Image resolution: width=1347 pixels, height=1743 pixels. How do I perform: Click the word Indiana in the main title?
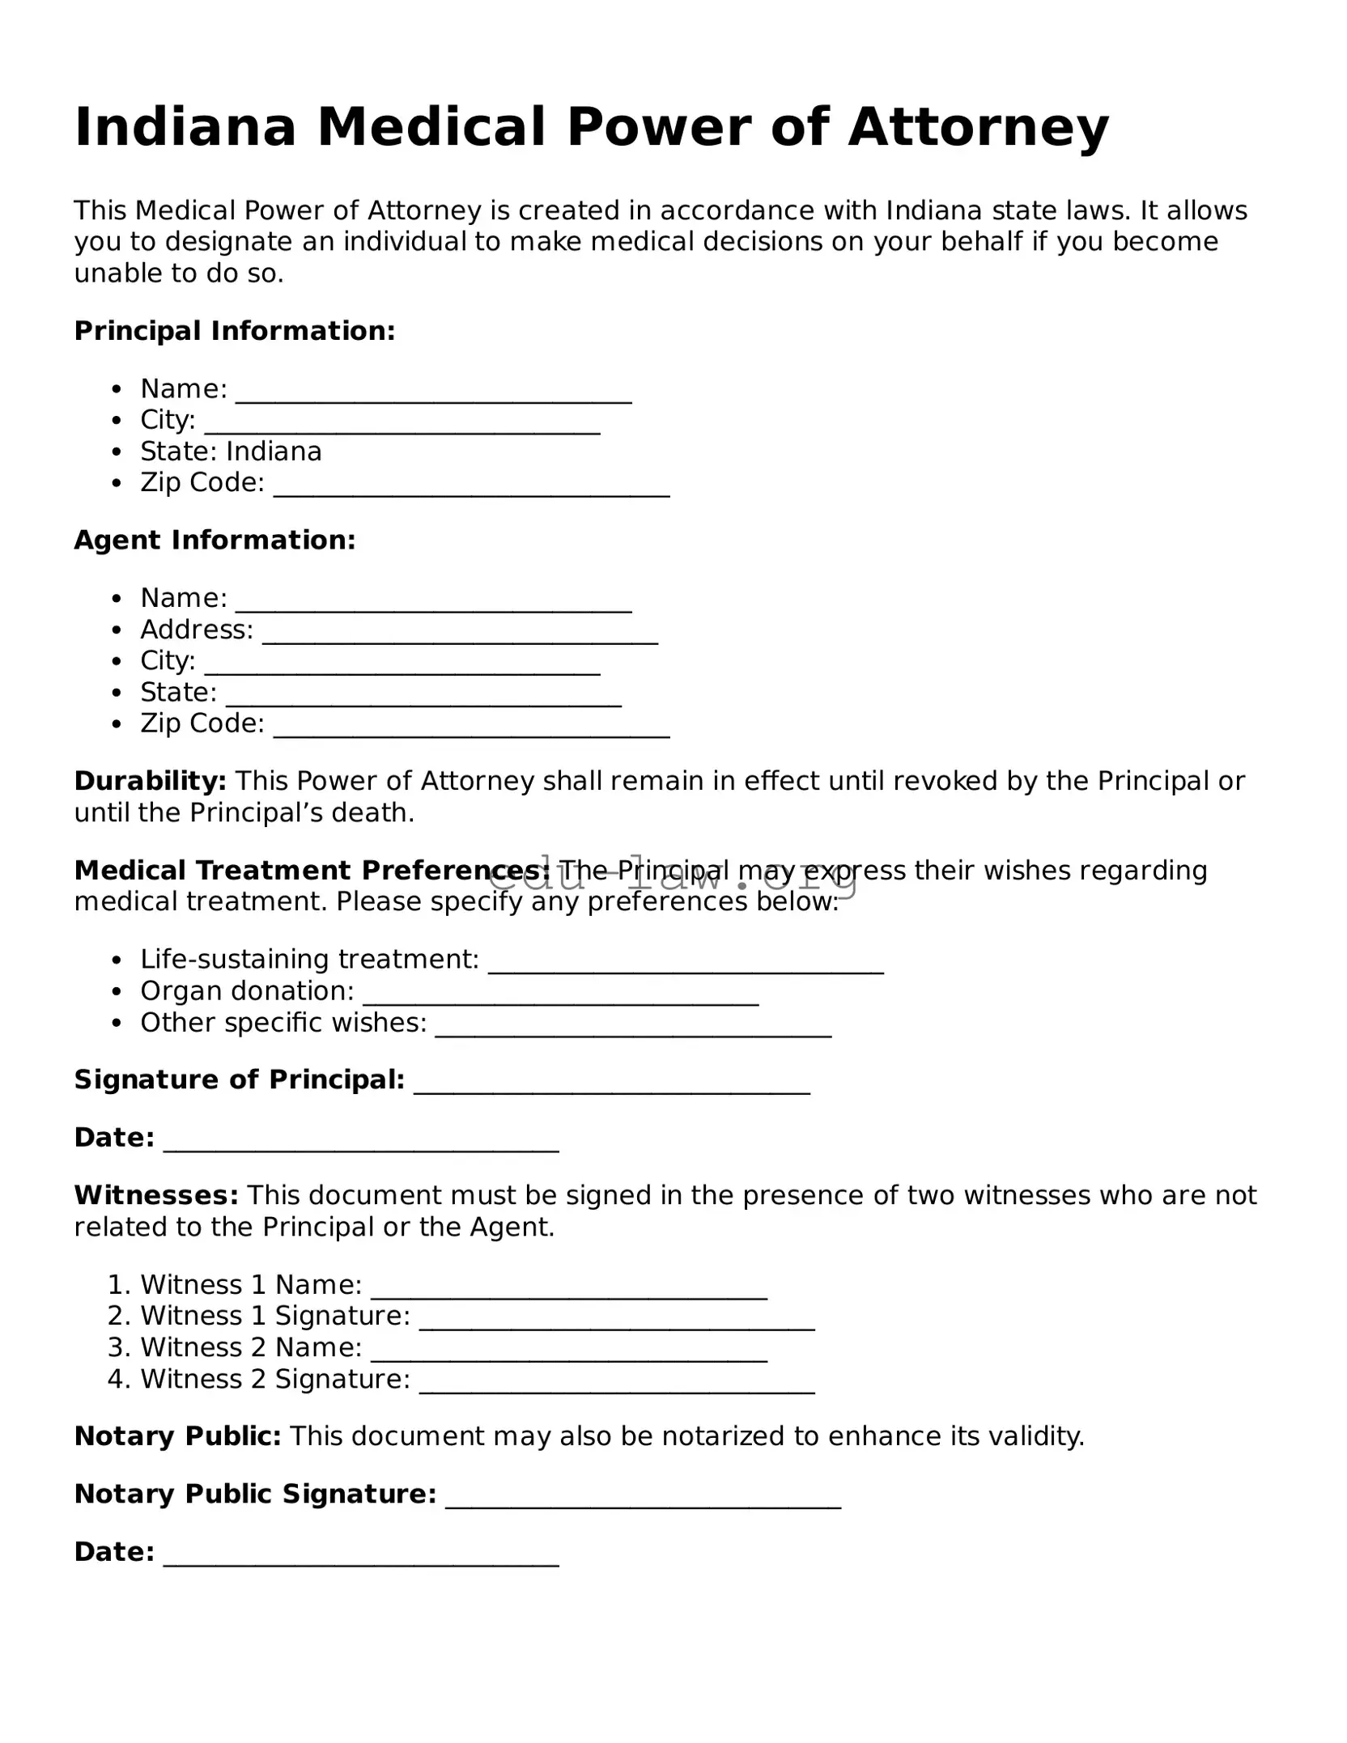(x=185, y=127)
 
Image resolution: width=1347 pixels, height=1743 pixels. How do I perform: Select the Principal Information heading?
(x=235, y=330)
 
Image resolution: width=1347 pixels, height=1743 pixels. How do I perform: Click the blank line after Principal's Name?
(x=433, y=397)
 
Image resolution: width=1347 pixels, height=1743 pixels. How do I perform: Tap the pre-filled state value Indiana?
(x=274, y=451)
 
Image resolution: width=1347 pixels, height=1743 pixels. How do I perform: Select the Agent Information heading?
(x=215, y=540)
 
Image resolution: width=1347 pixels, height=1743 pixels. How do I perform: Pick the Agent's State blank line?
(x=423, y=701)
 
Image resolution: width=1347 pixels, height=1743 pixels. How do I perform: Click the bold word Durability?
(x=150, y=780)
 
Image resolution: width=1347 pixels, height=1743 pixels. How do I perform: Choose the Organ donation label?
(x=247, y=990)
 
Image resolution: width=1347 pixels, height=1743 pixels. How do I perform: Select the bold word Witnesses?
(x=155, y=1194)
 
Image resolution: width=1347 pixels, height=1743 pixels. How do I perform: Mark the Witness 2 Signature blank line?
(x=617, y=1387)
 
